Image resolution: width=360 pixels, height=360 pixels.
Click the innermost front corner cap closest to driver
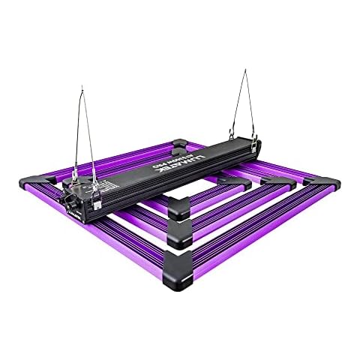179,210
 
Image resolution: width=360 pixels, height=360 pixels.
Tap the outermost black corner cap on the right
323,184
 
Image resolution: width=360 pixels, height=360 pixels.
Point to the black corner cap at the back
181,142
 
